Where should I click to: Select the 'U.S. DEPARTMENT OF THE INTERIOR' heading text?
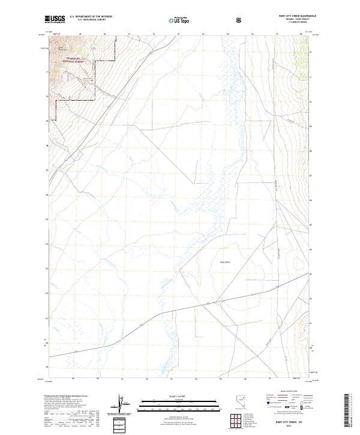tap(91, 17)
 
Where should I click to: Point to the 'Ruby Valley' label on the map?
tap(226, 262)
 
